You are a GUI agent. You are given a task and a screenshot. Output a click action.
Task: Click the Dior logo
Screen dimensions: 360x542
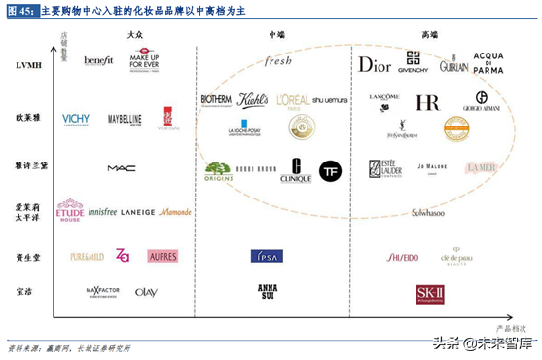[374, 64]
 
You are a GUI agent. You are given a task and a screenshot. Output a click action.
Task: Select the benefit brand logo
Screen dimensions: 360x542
[98, 60]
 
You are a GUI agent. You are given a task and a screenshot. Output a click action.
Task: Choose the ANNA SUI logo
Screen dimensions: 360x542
[267, 291]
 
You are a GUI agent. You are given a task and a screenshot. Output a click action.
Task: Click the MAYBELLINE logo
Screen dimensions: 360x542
[125, 119]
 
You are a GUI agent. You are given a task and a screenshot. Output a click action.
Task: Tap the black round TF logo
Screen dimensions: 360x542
[330, 170]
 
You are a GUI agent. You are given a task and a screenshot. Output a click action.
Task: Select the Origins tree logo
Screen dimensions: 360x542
[218, 171]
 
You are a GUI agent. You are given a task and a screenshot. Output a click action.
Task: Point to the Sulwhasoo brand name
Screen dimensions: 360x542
[428, 212]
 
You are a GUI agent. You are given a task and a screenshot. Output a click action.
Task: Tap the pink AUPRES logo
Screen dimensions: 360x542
[163, 256]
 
